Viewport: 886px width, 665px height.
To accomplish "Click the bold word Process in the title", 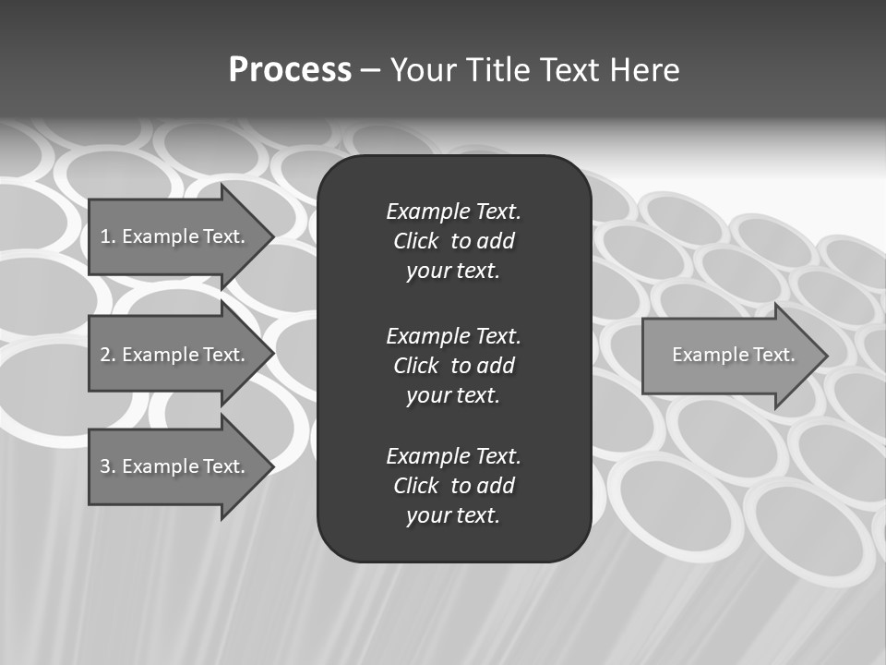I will [290, 70].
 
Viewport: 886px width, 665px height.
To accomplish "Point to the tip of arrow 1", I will [271, 236].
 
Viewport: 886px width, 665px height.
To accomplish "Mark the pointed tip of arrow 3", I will [271, 466].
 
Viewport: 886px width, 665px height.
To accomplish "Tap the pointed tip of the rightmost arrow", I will [825, 356].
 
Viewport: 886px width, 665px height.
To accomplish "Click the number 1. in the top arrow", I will [107, 236].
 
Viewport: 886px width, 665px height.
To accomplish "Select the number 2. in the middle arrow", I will [107, 355].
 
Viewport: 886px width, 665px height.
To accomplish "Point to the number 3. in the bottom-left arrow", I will [107, 466].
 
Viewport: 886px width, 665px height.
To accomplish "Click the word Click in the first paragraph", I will [415, 241].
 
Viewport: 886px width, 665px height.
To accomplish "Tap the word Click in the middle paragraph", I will [415, 366].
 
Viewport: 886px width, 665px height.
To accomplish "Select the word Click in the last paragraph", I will [415, 486].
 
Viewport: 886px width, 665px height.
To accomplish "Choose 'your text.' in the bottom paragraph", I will [453, 515].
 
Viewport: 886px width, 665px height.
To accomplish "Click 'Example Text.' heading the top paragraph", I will [453, 212].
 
